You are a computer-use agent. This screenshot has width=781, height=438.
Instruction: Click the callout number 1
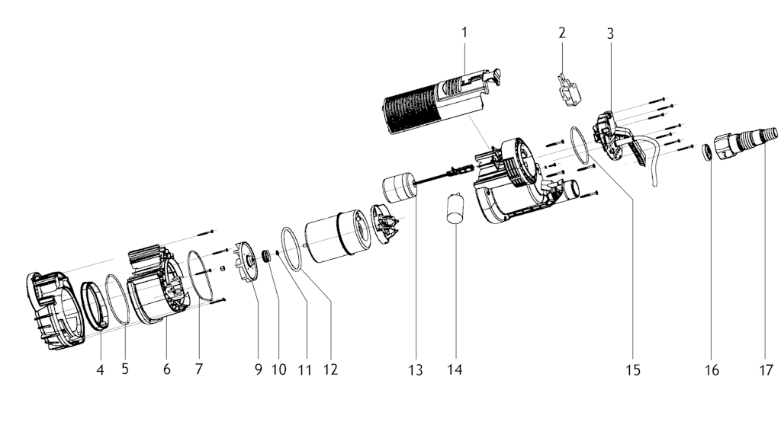point(464,33)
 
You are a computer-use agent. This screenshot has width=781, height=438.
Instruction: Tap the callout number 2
point(562,33)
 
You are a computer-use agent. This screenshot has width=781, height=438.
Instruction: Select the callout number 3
point(610,34)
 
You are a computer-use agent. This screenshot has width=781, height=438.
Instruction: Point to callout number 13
point(416,369)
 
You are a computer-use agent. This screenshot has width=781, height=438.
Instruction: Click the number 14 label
point(455,369)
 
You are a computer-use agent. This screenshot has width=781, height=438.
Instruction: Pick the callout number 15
point(633,370)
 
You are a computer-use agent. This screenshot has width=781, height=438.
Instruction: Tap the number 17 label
point(766,369)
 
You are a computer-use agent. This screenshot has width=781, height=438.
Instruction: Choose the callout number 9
point(258,369)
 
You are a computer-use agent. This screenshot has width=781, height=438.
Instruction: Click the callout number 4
point(100,369)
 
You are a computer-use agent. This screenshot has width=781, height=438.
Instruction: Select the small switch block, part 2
point(569,90)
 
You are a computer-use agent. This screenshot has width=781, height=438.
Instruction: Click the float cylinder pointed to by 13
point(399,187)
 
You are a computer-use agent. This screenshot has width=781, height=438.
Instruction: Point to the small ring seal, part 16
point(707,152)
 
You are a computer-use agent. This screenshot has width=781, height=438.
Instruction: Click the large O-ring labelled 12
point(293,249)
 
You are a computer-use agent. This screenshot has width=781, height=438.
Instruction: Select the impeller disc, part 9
point(246,262)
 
